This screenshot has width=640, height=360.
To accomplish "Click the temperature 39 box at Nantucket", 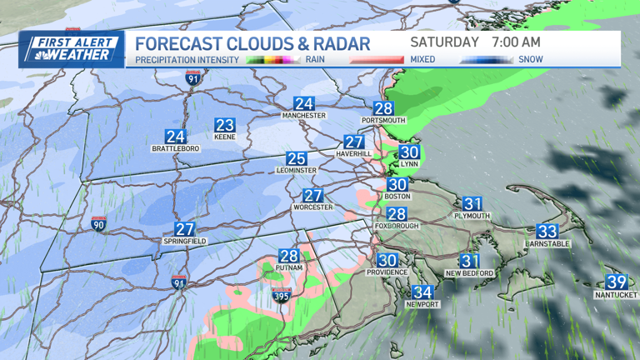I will click(617, 282).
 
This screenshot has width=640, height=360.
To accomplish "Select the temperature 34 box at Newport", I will click(423, 292).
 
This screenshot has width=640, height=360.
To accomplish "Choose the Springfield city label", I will click(184, 241).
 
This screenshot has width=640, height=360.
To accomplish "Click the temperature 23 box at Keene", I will click(225, 125).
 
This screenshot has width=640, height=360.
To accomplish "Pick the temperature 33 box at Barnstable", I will click(547, 231).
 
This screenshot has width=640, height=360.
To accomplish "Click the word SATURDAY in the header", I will click(444, 42).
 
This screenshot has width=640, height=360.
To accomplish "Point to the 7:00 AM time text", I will click(517, 42).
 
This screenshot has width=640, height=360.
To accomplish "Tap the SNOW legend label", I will click(531, 60).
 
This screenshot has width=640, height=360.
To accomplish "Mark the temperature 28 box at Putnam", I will click(289, 257).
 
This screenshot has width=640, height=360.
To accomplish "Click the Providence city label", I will click(387, 272).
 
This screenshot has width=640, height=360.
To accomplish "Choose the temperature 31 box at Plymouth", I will click(472, 203).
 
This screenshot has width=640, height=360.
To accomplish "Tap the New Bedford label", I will click(470, 272).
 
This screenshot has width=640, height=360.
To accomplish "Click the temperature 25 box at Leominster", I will click(297, 158).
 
